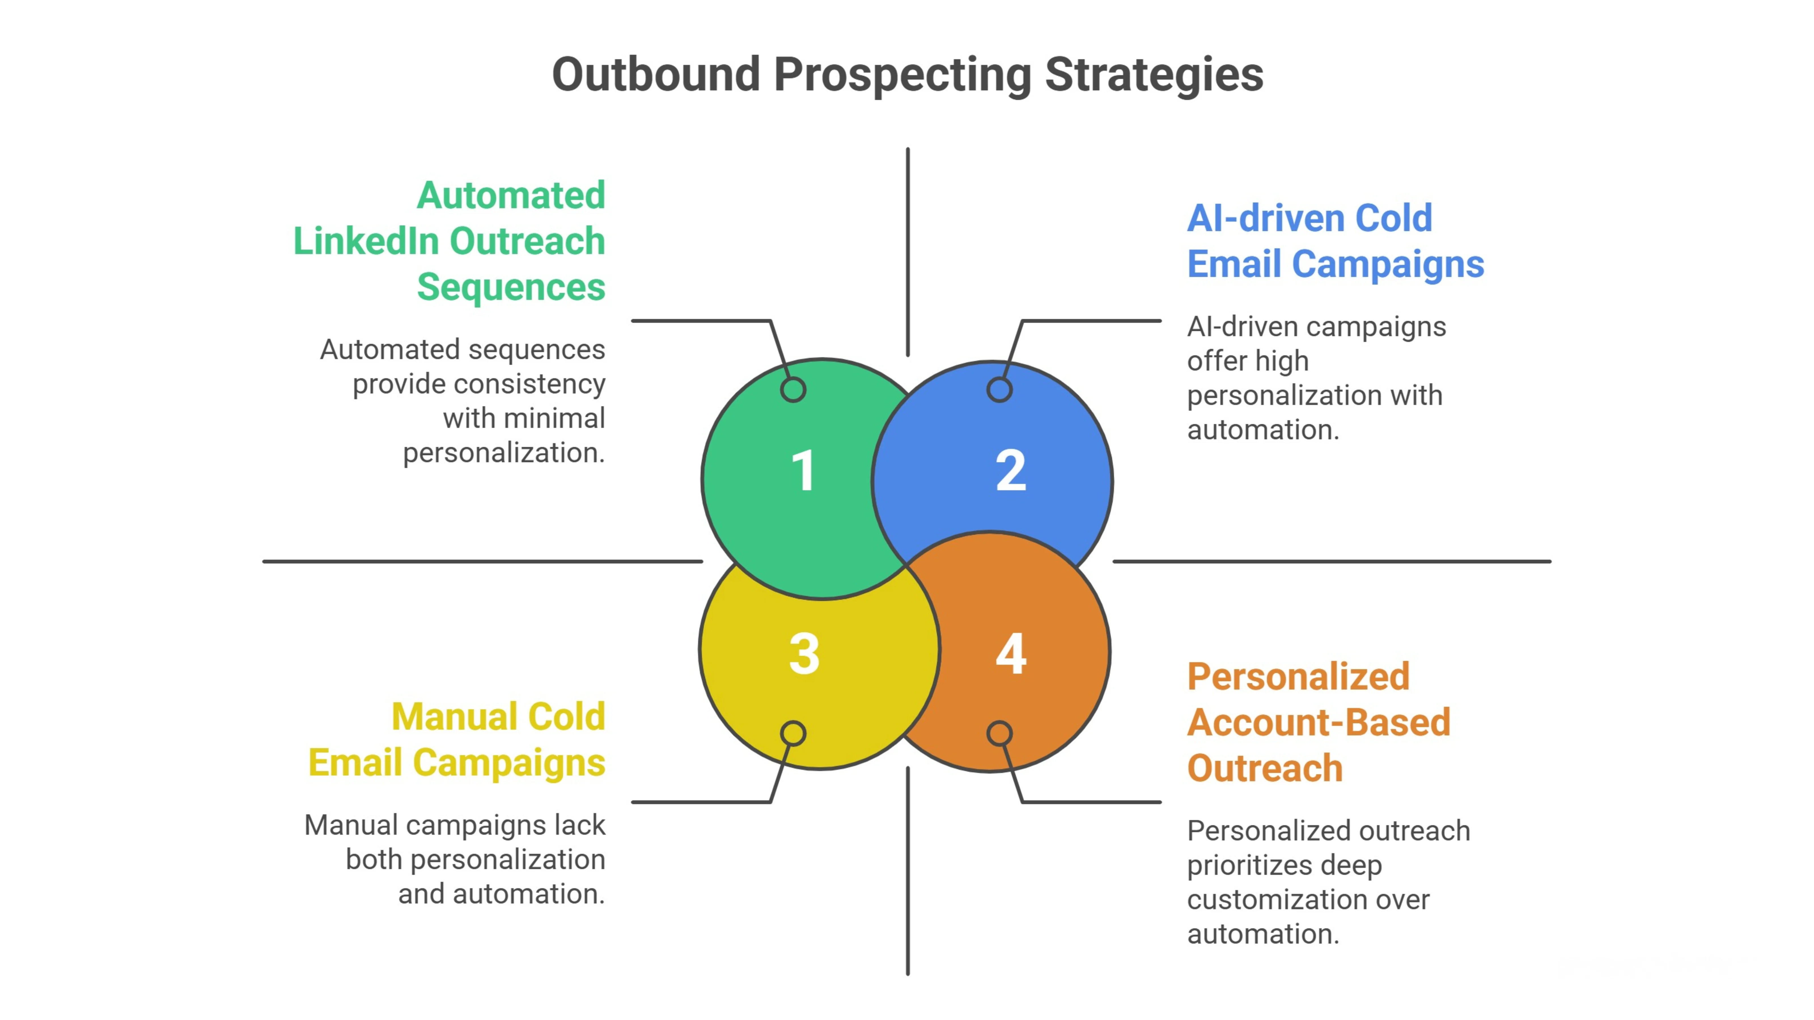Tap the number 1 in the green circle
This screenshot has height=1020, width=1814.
(x=804, y=470)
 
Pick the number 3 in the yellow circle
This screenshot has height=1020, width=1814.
(x=804, y=654)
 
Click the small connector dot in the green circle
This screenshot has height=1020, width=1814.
(x=793, y=389)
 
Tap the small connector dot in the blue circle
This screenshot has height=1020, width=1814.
(x=999, y=389)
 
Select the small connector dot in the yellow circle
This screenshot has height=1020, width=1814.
(x=793, y=734)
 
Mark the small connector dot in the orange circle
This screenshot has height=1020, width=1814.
(x=999, y=734)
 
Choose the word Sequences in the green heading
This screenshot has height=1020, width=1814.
(x=510, y=287)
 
